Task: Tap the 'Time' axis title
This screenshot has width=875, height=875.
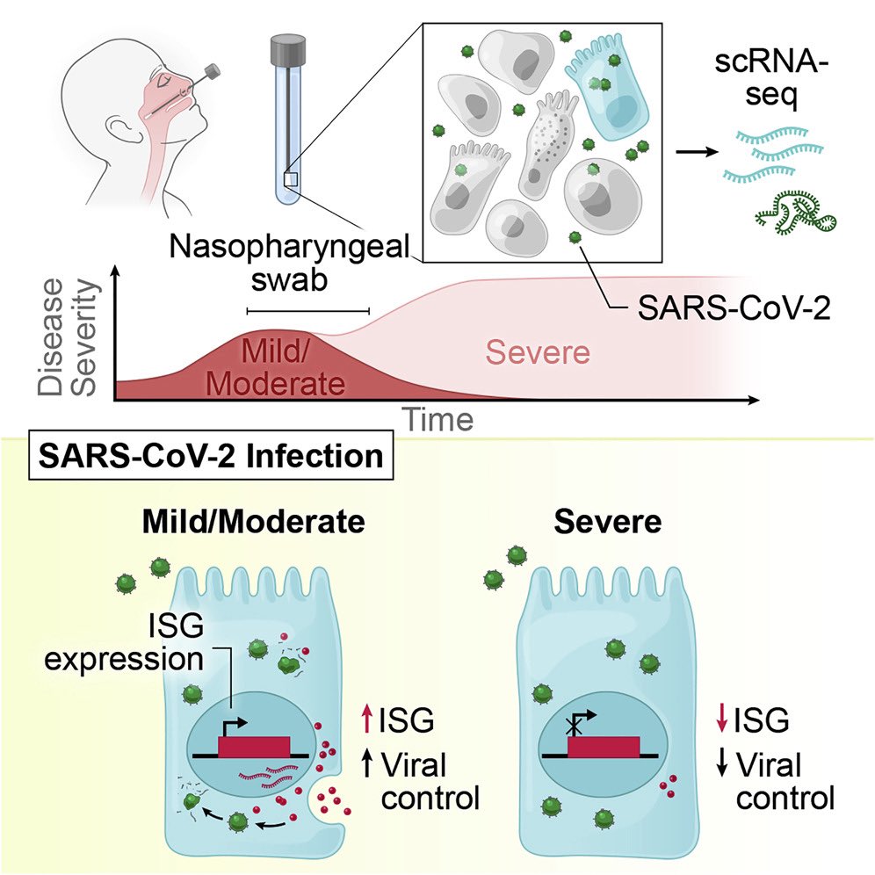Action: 437,419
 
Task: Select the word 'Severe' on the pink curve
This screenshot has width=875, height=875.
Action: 538,353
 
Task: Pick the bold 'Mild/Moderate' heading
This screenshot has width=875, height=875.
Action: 254,523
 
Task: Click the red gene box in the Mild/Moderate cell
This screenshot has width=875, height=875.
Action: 254,744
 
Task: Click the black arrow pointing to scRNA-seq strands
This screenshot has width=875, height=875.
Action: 695,150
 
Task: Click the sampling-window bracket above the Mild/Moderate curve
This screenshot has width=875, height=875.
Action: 307,310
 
